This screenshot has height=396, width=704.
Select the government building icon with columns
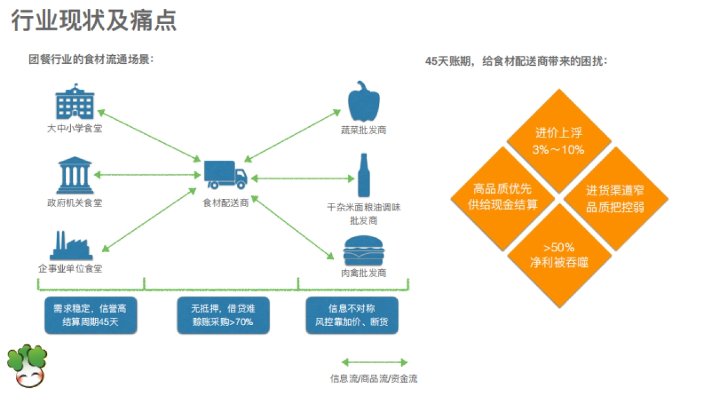tap(75, 175)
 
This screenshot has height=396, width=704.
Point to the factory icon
tap(71, 246)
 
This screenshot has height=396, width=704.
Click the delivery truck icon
tap(225, 174)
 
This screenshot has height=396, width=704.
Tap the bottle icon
tap(364, 175)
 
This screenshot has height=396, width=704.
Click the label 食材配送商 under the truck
tap(226, 203)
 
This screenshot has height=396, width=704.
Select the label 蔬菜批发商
tap(364, 130)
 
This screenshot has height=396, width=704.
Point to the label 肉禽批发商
tap(364, 273)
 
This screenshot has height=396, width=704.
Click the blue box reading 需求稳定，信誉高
tap(90, 315)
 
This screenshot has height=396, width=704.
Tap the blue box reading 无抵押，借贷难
tap(223, 315)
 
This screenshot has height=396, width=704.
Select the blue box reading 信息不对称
tap(352, 315)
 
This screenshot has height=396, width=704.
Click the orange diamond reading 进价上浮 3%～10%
tap(559, 140)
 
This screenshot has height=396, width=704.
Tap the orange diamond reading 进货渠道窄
tap(615, 198)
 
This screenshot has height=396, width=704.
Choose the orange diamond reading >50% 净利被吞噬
tap(559, 255)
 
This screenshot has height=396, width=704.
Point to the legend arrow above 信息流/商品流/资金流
tap(374, 363)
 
